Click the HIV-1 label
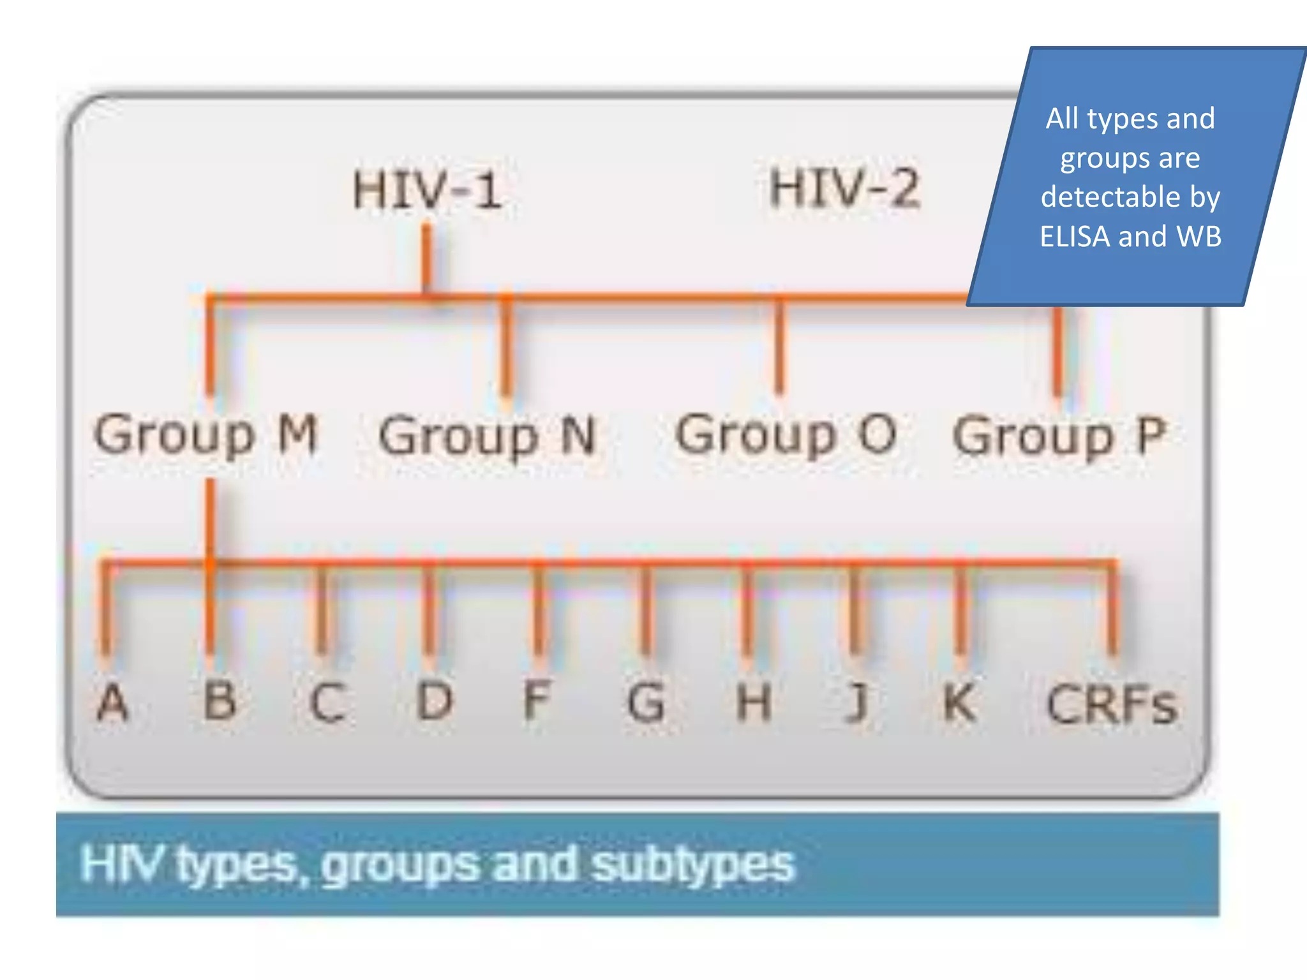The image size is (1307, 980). pos(427,189)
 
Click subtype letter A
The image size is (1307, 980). pos(112,702)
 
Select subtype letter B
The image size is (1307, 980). pos(220,701)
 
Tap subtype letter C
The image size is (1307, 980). pos(327,702)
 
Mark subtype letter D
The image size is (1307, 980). pos(435,701)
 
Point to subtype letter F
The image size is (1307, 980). pos(536,701)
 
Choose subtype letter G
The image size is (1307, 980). pos(646,702)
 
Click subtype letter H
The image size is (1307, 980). pos(754,702)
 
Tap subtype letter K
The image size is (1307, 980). pos(959,702)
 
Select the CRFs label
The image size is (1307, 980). pos(1111,704)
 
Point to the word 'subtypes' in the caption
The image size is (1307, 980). pos(693,865)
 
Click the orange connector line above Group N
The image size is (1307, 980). pos(506,348)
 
